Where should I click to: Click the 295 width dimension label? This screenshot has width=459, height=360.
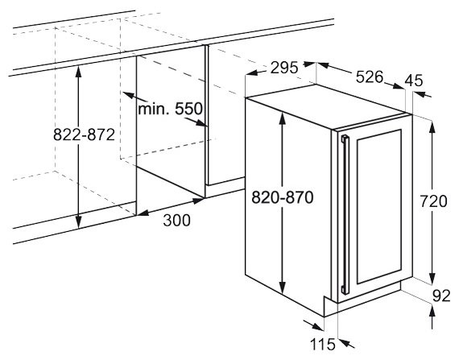284,68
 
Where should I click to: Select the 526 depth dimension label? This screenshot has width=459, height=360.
370,77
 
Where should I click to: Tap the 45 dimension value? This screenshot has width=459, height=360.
414,81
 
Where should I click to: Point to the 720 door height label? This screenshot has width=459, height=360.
433,201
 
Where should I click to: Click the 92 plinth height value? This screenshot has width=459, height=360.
441,296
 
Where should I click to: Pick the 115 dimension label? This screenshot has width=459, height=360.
322,344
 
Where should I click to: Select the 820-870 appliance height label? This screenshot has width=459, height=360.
283,197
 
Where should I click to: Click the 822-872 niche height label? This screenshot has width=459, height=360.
84,135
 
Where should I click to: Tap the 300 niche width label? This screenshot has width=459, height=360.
176,221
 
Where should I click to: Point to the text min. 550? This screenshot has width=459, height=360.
170,109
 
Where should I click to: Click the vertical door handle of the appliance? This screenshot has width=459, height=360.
345,214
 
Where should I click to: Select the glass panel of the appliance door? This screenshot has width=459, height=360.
379,206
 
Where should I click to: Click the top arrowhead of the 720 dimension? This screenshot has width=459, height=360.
432,126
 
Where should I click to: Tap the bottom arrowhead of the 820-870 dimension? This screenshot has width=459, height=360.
282,288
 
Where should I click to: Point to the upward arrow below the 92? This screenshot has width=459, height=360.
432,317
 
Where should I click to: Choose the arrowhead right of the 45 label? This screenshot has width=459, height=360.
422,94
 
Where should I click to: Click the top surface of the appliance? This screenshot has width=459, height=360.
329,106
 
